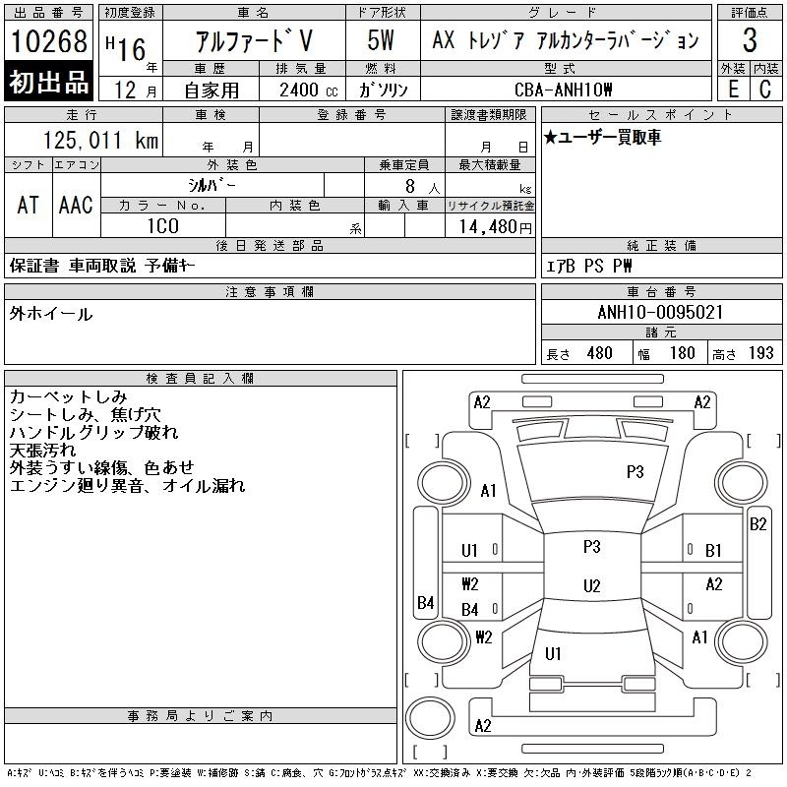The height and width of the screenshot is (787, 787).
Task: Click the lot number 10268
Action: (48, 41)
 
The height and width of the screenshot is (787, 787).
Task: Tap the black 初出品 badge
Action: (48, 82)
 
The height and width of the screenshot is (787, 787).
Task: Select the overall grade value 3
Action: (750, 40)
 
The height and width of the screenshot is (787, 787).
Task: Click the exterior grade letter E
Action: (733, 90)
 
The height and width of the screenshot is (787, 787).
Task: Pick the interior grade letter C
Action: (765, 90)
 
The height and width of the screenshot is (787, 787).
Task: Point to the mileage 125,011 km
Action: (100, 141)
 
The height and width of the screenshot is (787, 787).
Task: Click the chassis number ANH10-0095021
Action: (660, 313)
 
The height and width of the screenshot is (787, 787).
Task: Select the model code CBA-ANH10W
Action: (563, 90)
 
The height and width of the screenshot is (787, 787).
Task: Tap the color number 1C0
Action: (163, 226)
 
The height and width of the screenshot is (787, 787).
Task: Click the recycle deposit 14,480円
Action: (496, 227)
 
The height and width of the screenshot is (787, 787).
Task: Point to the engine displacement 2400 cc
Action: (309, 91)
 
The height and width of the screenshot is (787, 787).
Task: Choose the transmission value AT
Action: (29, 206)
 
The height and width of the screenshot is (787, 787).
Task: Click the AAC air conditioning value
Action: (76, 206)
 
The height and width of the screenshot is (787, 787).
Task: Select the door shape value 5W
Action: (381, 40)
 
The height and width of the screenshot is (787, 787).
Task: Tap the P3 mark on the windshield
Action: (635, 472)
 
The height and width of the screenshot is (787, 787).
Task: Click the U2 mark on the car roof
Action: (592, 586)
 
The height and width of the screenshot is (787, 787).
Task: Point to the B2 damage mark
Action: (757, 524)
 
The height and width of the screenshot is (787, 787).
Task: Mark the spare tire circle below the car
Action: (430, 717)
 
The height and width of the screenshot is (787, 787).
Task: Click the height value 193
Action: (760, 353)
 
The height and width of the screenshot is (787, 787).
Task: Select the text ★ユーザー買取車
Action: (602, 137)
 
